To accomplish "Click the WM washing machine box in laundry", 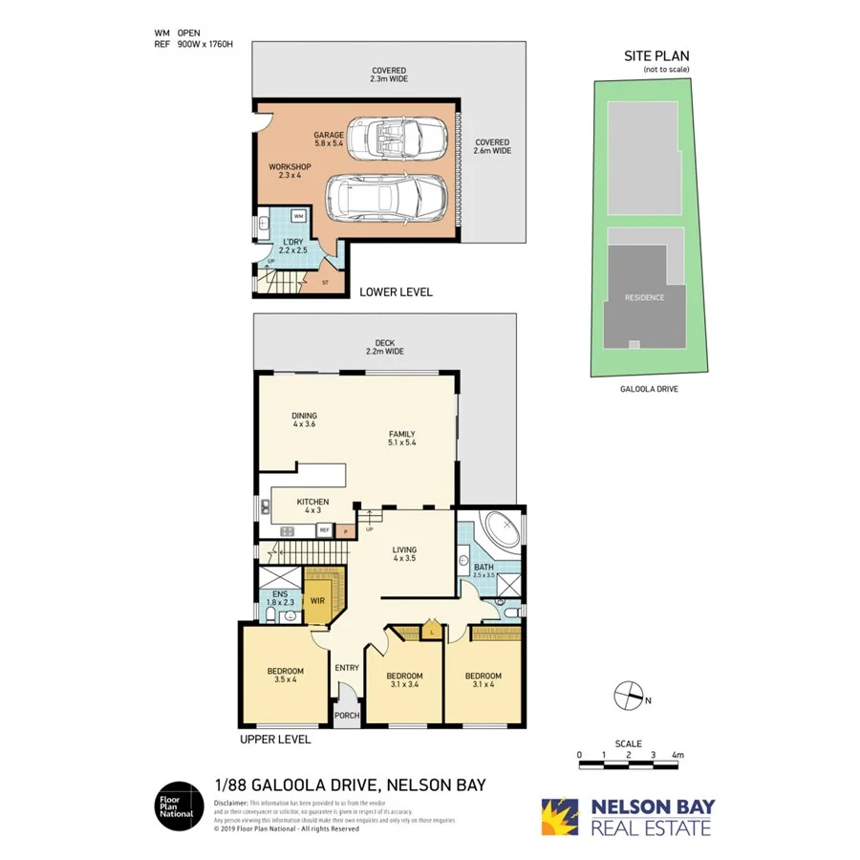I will coord(299,217).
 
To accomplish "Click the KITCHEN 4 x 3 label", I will coord(312,506).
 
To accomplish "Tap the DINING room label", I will coord(305,420).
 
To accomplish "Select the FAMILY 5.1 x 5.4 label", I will coord(401,439).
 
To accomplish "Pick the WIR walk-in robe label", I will coord(318,601).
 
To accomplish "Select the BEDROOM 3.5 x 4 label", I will coord(286,675).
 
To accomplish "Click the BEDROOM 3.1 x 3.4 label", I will coord(405,680).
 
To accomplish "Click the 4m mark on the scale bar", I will coord(677,755).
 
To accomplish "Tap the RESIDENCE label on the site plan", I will coord(644,297).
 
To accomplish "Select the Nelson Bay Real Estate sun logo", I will coord(562,817).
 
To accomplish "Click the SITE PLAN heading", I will coord(656,56).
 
